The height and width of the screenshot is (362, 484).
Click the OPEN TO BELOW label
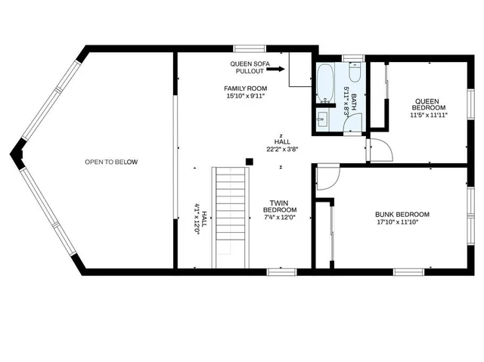tap(111, 162)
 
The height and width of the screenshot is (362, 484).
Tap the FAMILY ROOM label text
tap(245, 88)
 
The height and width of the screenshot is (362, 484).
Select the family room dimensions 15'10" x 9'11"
tap(246, 96)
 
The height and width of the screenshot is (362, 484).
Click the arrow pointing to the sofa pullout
tap(275, 69)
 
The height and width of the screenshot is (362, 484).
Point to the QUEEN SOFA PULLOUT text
tap(250, 67)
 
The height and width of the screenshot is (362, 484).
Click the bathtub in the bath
tap(324, 83)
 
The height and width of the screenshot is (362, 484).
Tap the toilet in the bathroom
tap(355, 72)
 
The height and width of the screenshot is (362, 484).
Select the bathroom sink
tap(323, 119)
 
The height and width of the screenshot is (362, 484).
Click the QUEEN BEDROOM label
tap(429, 104)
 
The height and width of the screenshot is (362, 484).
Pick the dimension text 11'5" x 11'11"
tap(429, 116)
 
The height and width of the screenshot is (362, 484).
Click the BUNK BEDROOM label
tap(402, 215)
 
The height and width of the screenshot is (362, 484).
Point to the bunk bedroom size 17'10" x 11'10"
tap(398, 222)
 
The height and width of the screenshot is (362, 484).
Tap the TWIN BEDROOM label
tap(279, 206)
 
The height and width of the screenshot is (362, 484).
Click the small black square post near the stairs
tap(250, 162)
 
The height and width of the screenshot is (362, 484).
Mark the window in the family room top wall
tap(250, 48)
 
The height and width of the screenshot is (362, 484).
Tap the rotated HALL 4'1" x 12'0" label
tap(200, 218)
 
